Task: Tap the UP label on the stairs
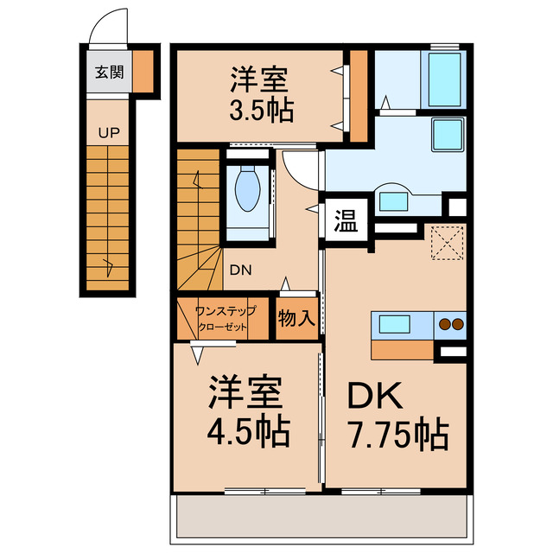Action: point(109,133)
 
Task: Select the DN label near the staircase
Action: point(240,269)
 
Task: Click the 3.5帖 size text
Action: point(261,111)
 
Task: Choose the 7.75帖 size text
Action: point(397,431)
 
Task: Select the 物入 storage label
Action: point(296,318)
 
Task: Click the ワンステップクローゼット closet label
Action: point(225,318)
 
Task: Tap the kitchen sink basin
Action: point(391,325)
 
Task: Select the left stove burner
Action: point(444,325)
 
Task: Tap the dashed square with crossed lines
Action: point(448,242)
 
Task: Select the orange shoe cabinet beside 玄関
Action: point(143,71)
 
